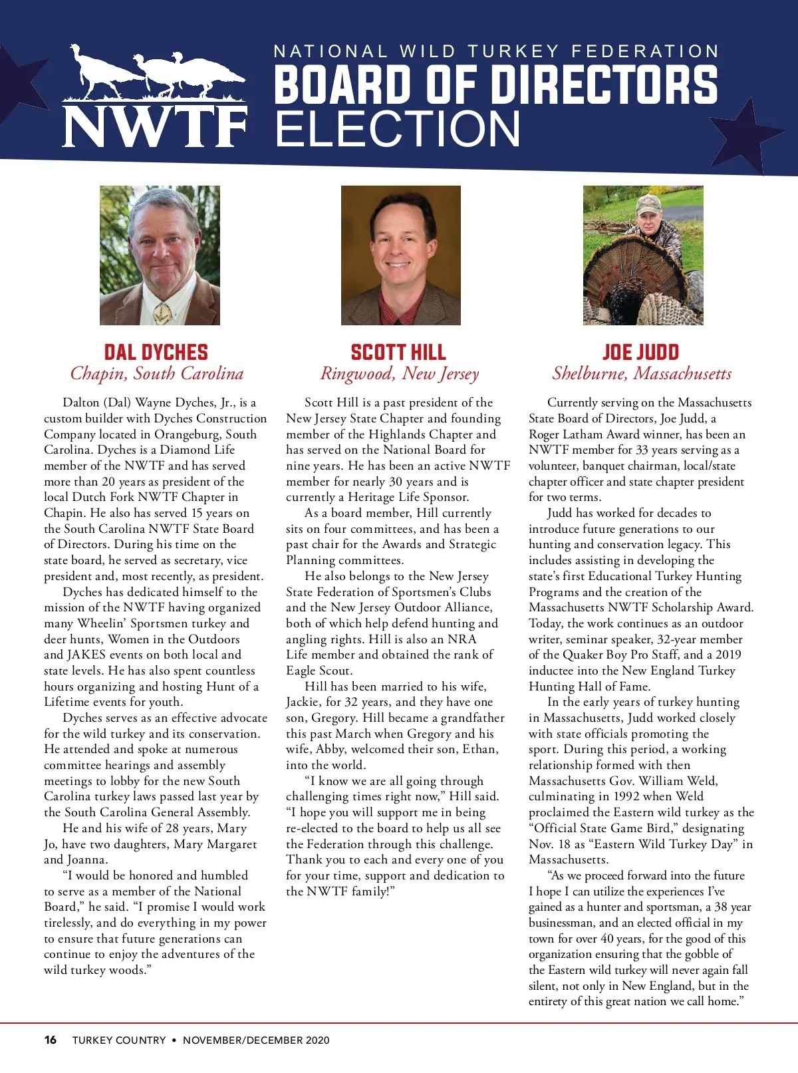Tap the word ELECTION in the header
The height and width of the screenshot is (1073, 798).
click(x=398, y=128)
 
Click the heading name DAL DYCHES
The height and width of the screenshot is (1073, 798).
click(x=156, y=352)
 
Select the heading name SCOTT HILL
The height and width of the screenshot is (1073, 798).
click(x=398, y=352)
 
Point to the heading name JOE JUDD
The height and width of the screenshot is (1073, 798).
click(x=641, y=352)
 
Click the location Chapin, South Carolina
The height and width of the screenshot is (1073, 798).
click(x=157, y=373)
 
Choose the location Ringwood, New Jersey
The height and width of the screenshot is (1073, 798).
click(x=399, y=373)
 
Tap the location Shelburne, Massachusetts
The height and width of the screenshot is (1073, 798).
click(x=642, y=373)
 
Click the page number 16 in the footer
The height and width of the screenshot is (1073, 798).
click(x=51, y=1040)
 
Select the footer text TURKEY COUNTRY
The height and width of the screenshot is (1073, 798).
click(x=119, y=1040)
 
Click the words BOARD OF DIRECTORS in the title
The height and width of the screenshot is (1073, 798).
click(x=495, y=84)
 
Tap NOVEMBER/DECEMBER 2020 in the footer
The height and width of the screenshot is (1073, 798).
click(x=256, y=1040)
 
